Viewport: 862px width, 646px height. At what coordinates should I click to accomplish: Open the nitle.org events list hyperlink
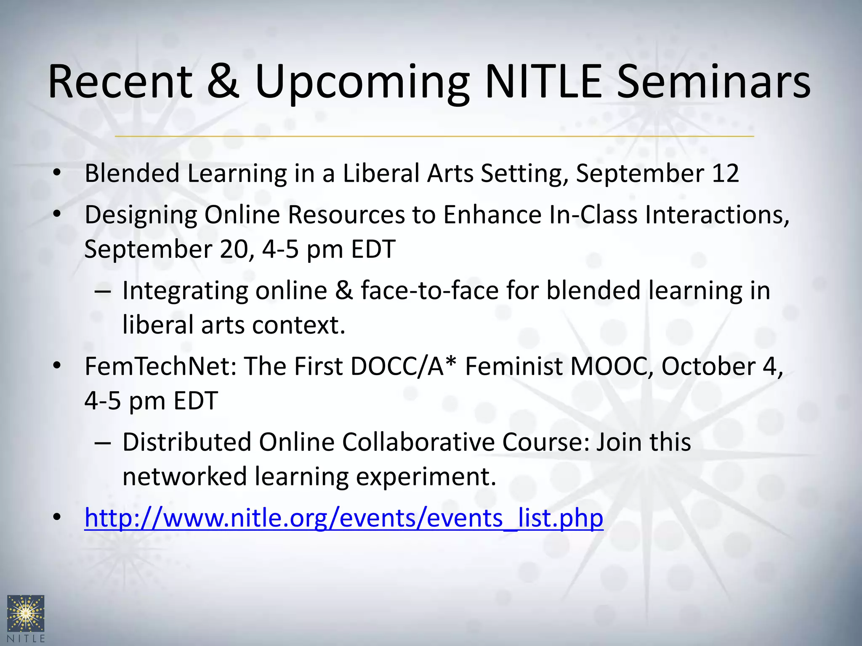point(343,518)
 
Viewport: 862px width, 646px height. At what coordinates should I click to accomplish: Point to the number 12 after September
point(725,173)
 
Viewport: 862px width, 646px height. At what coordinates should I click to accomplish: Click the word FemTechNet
point(160,366)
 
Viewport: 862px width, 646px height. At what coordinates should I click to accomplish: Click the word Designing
point(141,215)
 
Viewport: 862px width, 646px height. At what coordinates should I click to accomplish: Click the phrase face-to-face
point(429,291)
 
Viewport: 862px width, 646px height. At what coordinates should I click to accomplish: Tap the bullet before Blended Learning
point(58,173)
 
